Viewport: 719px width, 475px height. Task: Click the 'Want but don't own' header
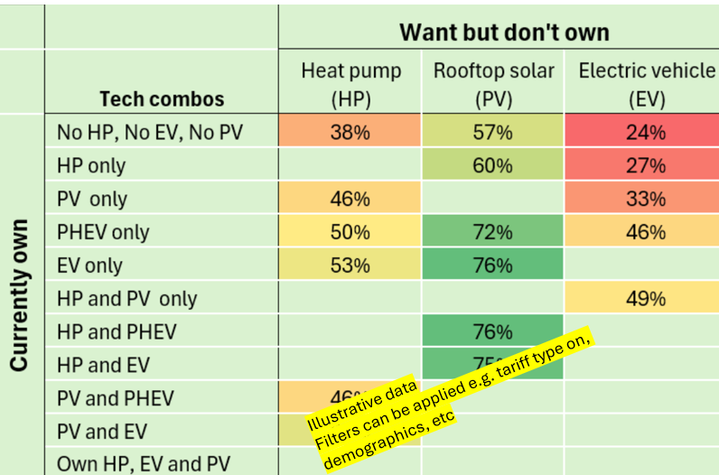click(504, 33)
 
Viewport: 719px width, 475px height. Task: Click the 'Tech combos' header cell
click(162, 99)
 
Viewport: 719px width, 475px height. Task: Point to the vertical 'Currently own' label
click(20, 294)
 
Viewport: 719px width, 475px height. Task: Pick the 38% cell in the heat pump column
click(350, 133)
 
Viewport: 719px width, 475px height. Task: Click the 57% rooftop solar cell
click(493, 133)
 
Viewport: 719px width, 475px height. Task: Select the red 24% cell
click(646, 133)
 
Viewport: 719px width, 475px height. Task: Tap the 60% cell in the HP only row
click(493, 166)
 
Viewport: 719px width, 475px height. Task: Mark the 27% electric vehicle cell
click(646, 166)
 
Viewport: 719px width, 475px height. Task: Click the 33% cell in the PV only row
click(646, 199)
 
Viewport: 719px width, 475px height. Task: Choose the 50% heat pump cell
click(350, 232)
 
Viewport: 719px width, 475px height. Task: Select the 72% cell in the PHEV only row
click(493, 232)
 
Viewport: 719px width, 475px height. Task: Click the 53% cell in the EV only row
click(350, 265)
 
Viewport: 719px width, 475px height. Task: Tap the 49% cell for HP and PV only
click(646, 299)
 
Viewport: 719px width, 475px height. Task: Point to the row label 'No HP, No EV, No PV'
click(150, 133)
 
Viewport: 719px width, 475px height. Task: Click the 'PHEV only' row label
click(103, 232)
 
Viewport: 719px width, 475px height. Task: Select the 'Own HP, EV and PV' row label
click(144, 464)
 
